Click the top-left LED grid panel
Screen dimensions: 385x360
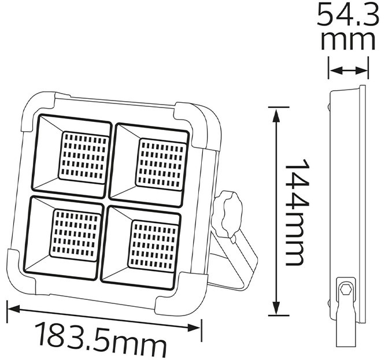point(83,157)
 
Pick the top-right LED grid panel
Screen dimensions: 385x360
point(161,164)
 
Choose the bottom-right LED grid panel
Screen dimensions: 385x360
point(153,245)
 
